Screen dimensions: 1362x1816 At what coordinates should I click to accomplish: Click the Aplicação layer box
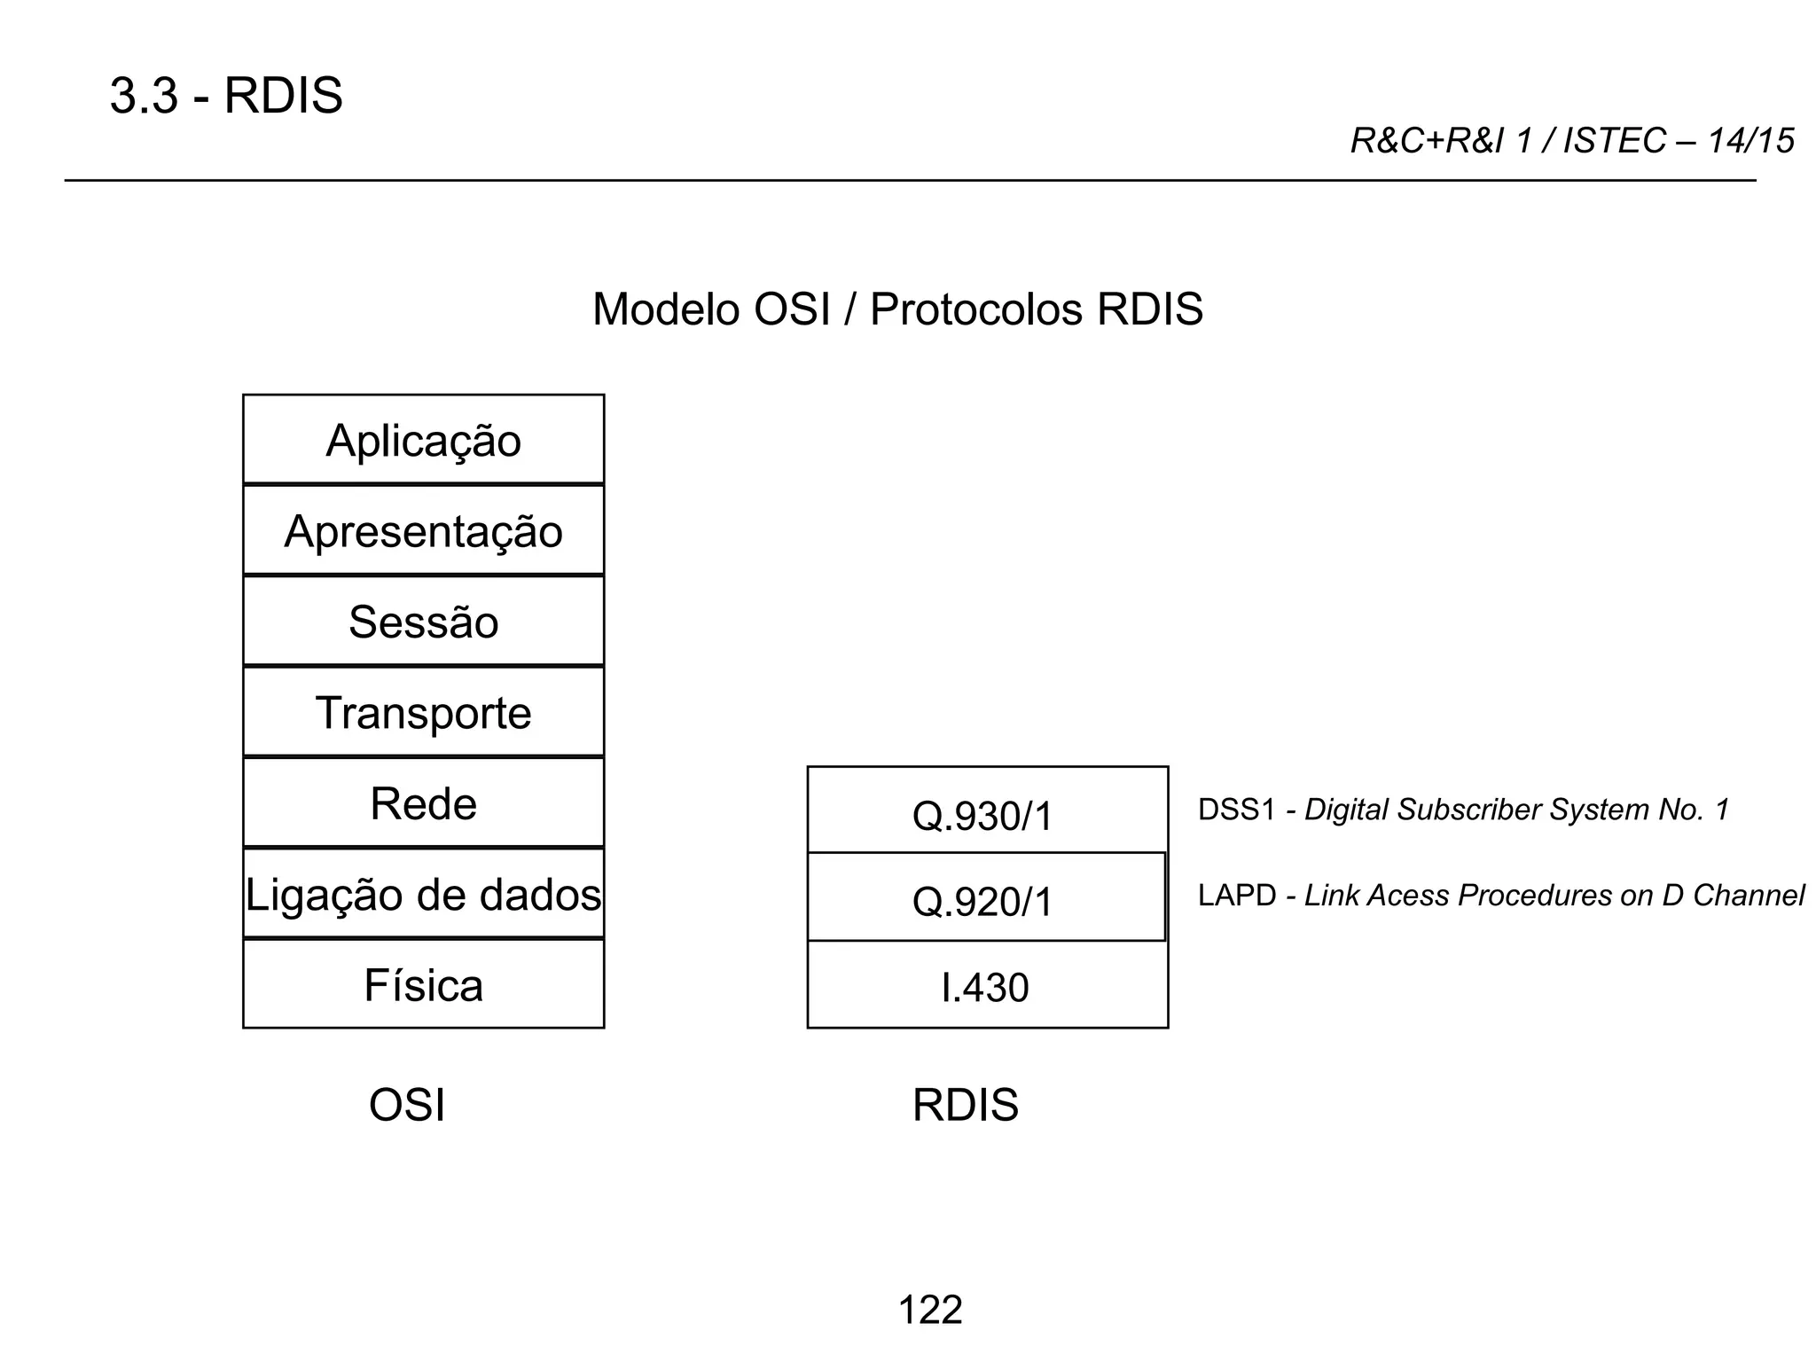[x=423, y=440]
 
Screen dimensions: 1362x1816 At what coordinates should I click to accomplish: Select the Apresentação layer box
[x=423, y=531]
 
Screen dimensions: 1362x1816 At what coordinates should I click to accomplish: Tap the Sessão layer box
[x=423, y=622]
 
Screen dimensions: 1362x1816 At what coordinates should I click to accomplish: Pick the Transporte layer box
[x=423, y=713]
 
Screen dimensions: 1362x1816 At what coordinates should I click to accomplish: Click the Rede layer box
[x=423, y=803]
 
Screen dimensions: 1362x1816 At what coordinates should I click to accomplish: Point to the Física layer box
[x=423, y=985]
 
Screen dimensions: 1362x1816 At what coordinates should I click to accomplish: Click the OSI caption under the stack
[x=406, y=1105]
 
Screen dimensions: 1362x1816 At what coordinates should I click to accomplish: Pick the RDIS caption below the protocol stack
[x=965, y=1105]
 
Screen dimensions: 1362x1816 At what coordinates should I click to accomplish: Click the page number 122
[x=929, y=1310]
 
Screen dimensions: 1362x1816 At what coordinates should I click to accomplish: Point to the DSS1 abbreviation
[x=1236, y=810]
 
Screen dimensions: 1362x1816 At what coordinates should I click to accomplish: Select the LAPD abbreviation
[x=1237, y=896]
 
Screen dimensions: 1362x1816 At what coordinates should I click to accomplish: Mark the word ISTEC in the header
[x=1614, y=141]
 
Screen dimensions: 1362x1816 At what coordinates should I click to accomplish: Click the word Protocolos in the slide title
[x=976, y=309]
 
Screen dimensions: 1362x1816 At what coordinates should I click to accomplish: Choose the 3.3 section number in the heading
[x=144, y=96]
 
